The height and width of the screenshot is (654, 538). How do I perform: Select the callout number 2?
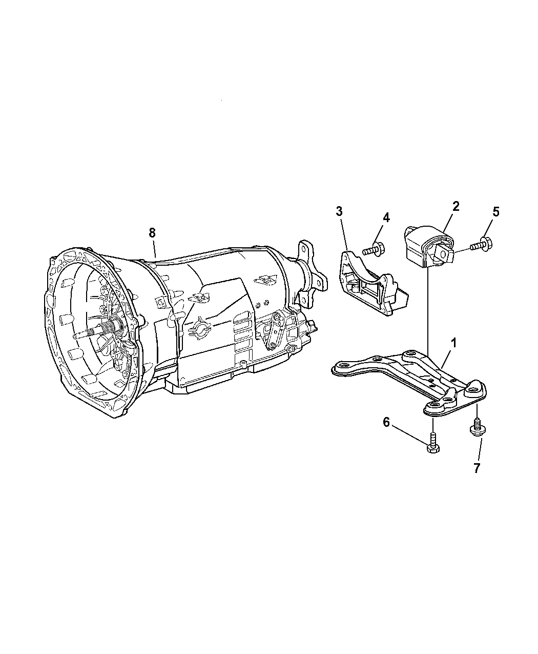point(456,206)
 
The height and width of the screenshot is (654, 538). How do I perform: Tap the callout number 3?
point(339,211)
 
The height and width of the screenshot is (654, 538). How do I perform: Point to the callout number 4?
point(386,217)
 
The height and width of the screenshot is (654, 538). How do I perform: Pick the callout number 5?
point(495,212)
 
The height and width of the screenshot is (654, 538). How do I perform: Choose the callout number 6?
point(386,422)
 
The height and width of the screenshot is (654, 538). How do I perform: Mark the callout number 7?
point(477,468)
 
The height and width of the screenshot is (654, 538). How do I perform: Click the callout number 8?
point(152,232)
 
